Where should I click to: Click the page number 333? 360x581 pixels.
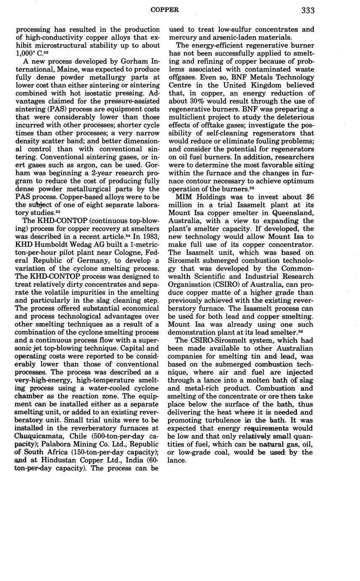(308, 10)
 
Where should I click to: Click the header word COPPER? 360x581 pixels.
(165, 9)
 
